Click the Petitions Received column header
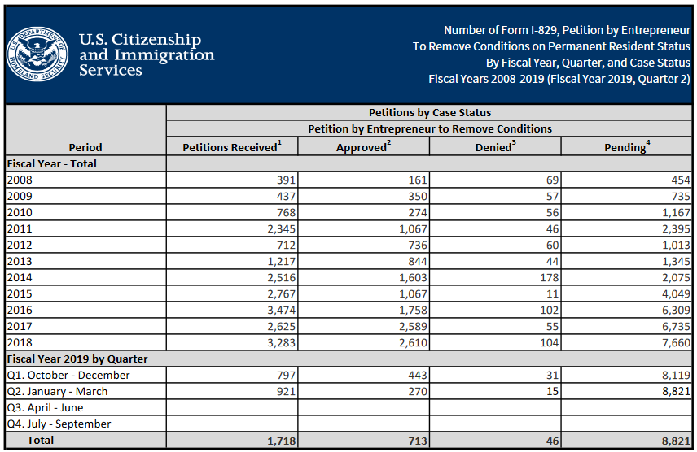click(232, 147)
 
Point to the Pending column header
click(626, 147)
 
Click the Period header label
click(85, 147)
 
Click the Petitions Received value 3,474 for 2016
click(279, 310)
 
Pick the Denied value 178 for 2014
click(550, 278)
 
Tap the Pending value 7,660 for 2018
click(675, 342)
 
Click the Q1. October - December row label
click(68, 376)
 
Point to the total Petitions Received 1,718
click(279, 441)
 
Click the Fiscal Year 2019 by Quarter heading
click(77, 359)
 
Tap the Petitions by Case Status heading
click(430, 113)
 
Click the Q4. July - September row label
click(59, 424)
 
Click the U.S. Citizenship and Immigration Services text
click(147, 54)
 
